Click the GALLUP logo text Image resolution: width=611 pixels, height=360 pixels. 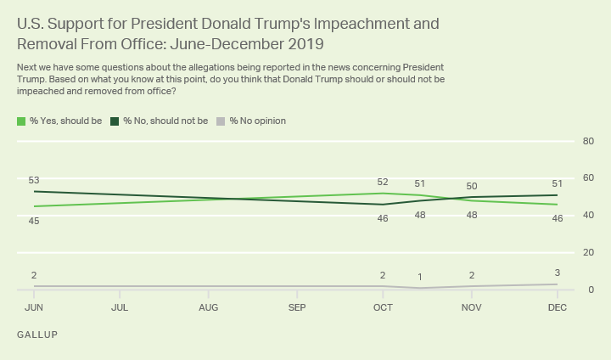coord(37,335)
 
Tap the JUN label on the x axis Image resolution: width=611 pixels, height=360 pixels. coord(34,306)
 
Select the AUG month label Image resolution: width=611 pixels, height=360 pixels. coord(209,306)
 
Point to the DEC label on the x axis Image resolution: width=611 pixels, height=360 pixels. coord(557,306)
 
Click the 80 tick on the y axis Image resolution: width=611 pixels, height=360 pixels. coord(588,141)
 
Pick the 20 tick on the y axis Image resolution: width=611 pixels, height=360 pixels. coord(588,253)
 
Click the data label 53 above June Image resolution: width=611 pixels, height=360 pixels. coord(34,180)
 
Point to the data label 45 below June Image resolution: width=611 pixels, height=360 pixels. coord(34,221)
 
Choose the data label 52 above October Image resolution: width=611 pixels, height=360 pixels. coord(383,182)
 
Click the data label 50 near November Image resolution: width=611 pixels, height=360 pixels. coord(472,186)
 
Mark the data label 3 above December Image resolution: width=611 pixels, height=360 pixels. coord(557,273)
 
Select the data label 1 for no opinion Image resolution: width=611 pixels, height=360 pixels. coord(419,277)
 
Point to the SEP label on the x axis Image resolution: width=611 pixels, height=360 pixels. coord(297,306)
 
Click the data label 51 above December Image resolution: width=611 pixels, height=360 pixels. coord(557,184)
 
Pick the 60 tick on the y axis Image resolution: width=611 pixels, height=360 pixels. coord(588,178)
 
